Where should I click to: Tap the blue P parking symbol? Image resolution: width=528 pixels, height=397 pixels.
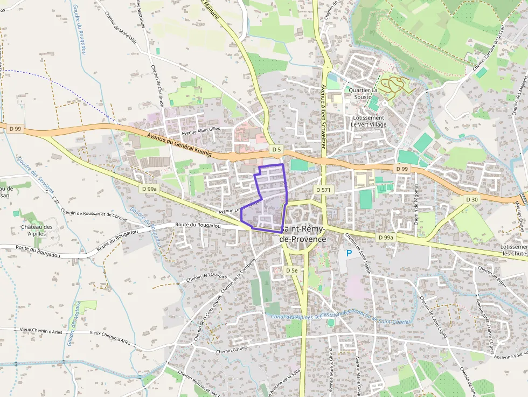349,253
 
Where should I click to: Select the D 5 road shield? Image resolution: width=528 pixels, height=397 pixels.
277,149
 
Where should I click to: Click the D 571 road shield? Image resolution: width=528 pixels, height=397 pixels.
323,190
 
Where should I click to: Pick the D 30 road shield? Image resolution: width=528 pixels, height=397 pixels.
471,199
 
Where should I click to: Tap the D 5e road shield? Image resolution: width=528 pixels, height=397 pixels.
291,270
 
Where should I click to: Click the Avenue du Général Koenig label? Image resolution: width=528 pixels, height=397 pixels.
179,146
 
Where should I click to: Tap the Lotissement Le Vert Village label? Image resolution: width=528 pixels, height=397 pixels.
369,121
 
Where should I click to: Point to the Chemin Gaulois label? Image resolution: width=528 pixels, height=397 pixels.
231,351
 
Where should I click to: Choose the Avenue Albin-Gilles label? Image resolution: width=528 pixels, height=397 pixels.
201,131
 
